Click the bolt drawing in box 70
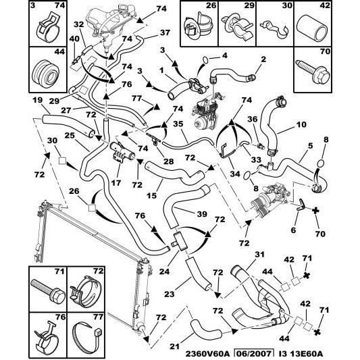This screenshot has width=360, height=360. pos(313,73)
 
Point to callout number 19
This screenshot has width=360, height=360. pos(37,101)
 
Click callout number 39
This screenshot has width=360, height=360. pos(202,214)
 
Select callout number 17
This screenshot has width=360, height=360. pos(116,183)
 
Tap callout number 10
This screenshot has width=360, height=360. pos(301,124)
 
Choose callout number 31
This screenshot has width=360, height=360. pos(259,255)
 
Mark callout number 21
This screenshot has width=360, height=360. pos(175,346)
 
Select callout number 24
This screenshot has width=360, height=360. pos(164,272)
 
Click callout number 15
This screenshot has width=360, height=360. pos(151,196)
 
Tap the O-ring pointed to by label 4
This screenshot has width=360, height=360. pos(205,60)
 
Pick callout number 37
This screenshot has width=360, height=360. pos(165,32)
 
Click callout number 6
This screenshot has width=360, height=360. pos(293,230)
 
